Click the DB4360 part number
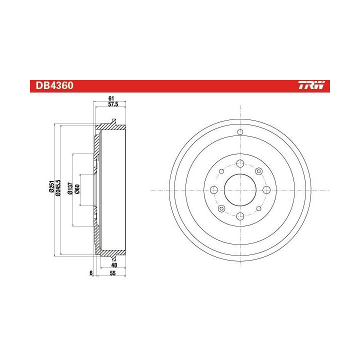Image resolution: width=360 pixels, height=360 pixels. click(54, 85)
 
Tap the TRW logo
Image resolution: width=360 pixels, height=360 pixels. click(312, 85)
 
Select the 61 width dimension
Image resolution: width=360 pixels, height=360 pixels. click(111, 98)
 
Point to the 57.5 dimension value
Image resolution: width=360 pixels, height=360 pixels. click(113, 104)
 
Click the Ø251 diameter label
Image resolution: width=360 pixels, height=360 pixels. click(51, 186)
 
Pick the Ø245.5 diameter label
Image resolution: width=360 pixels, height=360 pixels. click(58, 188)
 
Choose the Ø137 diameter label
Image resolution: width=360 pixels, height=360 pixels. click(70, 188)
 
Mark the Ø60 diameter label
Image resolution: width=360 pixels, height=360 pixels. click(77, 189)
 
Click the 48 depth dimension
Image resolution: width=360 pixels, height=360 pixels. click(114, 265)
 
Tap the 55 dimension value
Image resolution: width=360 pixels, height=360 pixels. click(112, 273)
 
